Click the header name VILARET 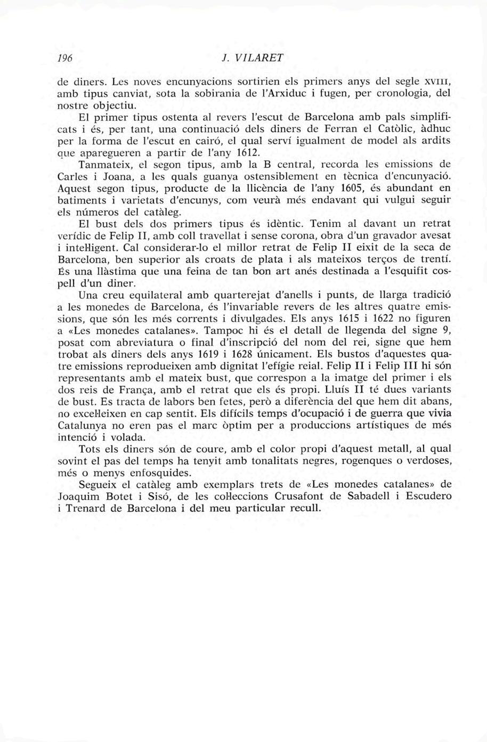259,57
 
